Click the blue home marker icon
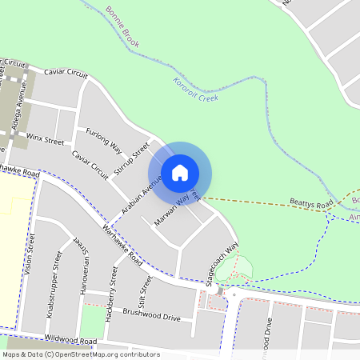pyautogui.click(x=180, y=172)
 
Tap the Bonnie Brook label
pyautogui.click(x=122, y=26)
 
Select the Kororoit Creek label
pyautogui.click(x=195, y=90)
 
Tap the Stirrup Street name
pyautogui.click(x=132, y=160)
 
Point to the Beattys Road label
pyautogui.click(x=311, y=206)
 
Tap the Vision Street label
pyautogui.click(x=31, y=254)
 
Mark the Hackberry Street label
pyautogui.click(x=111, y=297)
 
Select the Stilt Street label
pyautogui.click(x=144, y=293)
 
